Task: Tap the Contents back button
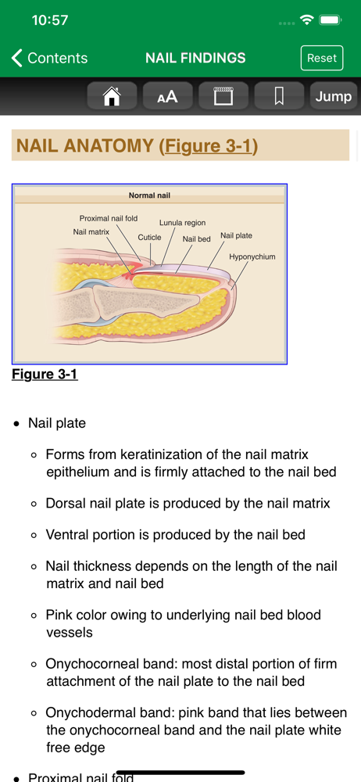click(x=49, y=58)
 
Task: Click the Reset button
click(x=322, y=58)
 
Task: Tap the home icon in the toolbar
click(x=112, y=95)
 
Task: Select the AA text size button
click(x=167, y=95)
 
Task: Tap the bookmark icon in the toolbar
click(x=279, y=95)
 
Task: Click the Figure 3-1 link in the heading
click(x=209, y=145)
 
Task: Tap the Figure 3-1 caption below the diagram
click(x=45, y=374)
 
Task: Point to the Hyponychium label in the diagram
click(x=252, y=256)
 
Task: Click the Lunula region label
click(x=183, y=223)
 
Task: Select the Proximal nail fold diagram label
click(x=109, y=218)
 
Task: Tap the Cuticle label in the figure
click(x=149, y=238)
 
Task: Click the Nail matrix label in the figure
click(x=91, y=231)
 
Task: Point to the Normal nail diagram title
click(x=149, y=195)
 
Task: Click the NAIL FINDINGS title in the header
click(x=195, y=58)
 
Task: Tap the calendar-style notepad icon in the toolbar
click(x=223, y=95)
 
